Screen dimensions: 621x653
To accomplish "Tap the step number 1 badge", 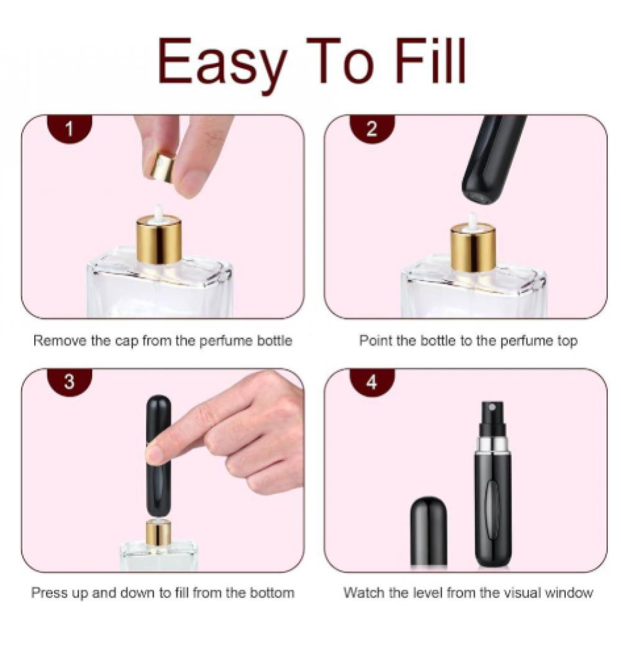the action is [x=70, y=128].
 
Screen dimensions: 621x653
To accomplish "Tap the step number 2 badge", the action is [x=372, y=128].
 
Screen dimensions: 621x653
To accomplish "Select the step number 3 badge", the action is [x=70, y=382].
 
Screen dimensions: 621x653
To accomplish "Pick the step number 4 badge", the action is [x=372, y=382].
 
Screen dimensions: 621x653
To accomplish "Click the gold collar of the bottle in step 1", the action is [x=159, y=240].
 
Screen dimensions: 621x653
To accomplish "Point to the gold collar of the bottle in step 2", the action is [x=473, y=247].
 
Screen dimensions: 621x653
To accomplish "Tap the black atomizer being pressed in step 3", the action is [x=158, y=456].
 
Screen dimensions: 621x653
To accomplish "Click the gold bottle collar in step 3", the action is [x=158, y=534].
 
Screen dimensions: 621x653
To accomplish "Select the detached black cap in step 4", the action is [x=429, y=531].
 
